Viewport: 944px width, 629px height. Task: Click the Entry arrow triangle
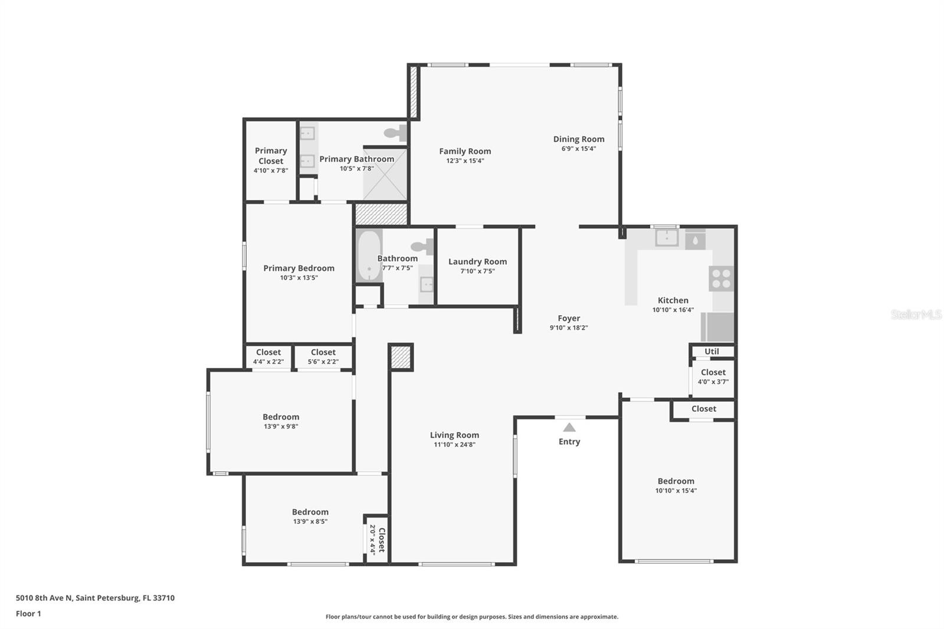click(x=569, y=427)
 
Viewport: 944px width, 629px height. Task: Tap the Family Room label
click(x=465, y=151)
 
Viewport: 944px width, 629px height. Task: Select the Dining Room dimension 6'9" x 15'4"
click(x=578, y=149)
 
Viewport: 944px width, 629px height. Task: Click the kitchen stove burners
click(x=721, y=279)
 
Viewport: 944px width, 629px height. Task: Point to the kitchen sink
click(x=667, y=237)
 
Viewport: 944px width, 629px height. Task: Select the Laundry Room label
click(x=477, y=261)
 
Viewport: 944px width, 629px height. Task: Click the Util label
click(x=712, y=351)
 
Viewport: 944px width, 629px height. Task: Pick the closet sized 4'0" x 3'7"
click(x=713, y=376)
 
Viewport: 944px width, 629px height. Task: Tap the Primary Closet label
click(x=271, y=156)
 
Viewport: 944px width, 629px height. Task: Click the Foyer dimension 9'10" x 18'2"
click(x=569, y=327)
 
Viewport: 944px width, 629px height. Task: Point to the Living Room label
click(x=454, y=435)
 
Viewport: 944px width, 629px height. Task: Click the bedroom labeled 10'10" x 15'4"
click(x=676, y=485)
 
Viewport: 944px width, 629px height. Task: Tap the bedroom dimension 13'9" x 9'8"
click(x=281, y=426)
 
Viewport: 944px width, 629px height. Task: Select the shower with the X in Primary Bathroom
click(x=385, y=175)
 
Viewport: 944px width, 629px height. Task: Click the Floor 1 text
click(x=28, y=614)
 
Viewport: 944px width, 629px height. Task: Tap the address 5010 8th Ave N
click(x=95, y=598)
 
